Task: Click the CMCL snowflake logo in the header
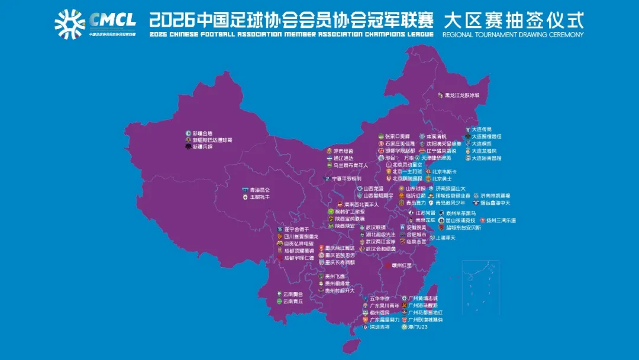70,24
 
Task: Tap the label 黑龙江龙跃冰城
462,95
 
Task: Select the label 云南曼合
293,294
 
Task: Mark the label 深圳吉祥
380,326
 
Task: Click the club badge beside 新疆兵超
188,147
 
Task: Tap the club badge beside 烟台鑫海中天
475,202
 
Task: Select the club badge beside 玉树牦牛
244,197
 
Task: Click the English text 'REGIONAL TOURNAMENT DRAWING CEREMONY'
512,34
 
